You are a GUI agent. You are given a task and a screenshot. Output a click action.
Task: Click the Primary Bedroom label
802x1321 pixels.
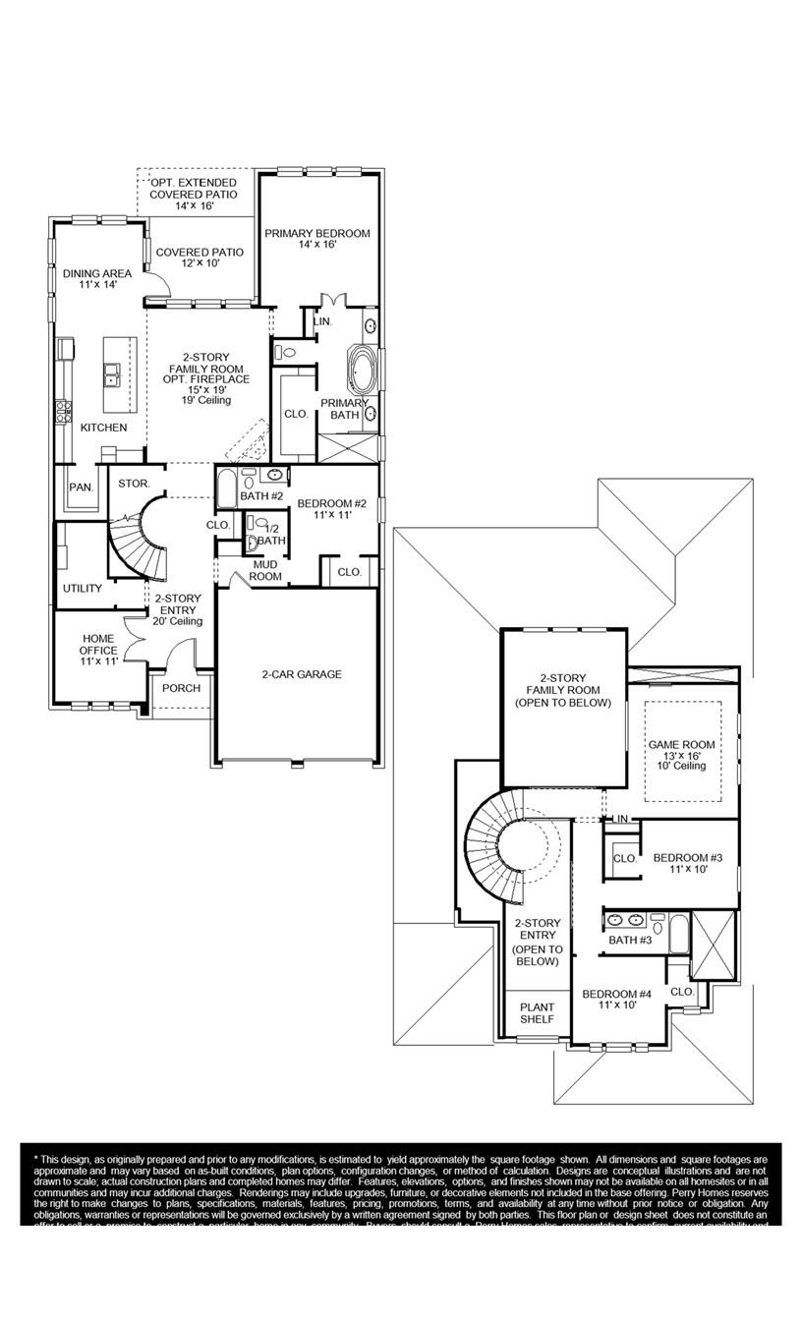click(317, 239)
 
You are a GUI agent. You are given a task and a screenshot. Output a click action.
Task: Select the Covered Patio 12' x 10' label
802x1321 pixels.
click(200, 258)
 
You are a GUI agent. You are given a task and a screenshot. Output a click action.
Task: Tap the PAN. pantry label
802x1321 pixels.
click(81, 488)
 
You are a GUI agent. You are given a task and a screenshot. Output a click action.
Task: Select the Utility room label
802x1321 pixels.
click(83, 589)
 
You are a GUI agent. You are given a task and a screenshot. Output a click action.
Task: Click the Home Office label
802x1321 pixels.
click(98, 650)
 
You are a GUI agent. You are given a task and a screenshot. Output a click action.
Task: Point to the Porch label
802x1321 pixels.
click(181, 688)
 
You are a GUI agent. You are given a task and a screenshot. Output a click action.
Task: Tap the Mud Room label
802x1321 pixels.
click(265, 571)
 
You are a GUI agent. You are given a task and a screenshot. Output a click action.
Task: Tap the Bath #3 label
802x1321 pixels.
click(630, 941)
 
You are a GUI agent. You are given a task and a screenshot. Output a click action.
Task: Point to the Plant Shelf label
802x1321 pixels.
click(537, 1013)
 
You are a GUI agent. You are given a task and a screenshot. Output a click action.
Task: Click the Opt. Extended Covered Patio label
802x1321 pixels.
click(194, 195)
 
